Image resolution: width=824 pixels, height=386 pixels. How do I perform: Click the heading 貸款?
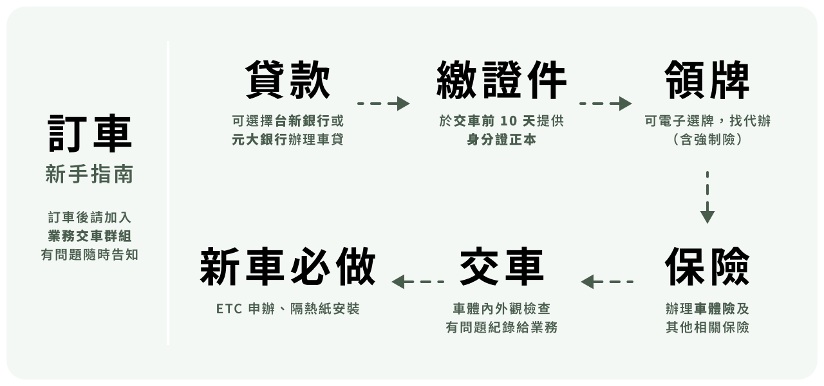pos(288,81)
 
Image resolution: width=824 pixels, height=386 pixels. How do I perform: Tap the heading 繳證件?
pos(501,81)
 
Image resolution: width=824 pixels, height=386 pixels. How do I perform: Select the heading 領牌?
pos(707,81)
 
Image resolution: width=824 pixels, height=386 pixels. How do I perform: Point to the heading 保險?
pos(707,266)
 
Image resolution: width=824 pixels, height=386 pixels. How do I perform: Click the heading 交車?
pos(501,266)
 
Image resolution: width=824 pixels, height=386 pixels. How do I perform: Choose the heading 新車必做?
pos(288,266)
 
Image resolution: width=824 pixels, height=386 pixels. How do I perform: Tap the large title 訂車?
pos(89,134)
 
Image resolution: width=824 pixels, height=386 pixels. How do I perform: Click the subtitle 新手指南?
pos(89,174)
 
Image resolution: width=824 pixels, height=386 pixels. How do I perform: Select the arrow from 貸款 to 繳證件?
pos(384,104)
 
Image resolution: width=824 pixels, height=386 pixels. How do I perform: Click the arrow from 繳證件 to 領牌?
pos(605,104)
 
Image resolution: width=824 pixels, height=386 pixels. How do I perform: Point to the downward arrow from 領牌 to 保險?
pos(707,197)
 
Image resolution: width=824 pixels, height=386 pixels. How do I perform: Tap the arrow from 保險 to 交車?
pos(607,282)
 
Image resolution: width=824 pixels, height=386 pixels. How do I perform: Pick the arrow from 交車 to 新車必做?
pos(418,282)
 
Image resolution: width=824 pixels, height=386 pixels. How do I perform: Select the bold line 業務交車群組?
pos(89,236)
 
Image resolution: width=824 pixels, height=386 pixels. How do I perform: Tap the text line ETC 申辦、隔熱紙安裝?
pos(288,309)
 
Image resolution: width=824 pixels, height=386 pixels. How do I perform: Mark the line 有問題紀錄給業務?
pos(501,328)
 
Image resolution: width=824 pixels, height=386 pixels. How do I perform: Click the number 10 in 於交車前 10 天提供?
pos(508,122)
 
